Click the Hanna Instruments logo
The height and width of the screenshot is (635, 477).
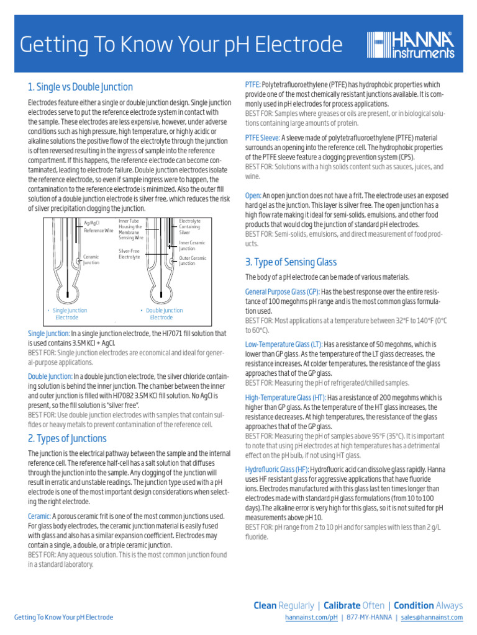coord(411,45)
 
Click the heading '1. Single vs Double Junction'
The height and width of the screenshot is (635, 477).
coord(80,87)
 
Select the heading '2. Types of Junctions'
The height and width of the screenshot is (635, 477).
coord(67,438)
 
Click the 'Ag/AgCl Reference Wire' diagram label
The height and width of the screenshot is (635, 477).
coord(98,226)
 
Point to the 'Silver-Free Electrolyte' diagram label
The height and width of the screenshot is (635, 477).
coord(129,254)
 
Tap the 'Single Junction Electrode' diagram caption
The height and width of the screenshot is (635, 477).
coord(69,314)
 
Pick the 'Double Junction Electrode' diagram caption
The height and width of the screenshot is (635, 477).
coord(163,314)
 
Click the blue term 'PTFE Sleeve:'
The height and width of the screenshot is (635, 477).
coord(262,137)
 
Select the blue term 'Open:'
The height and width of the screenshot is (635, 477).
coord(253,195)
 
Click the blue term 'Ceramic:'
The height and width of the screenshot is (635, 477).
coord(39,516)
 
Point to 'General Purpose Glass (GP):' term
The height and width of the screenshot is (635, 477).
coord(282,291)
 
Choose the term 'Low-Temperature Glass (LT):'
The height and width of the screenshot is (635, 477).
coord(284,344)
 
